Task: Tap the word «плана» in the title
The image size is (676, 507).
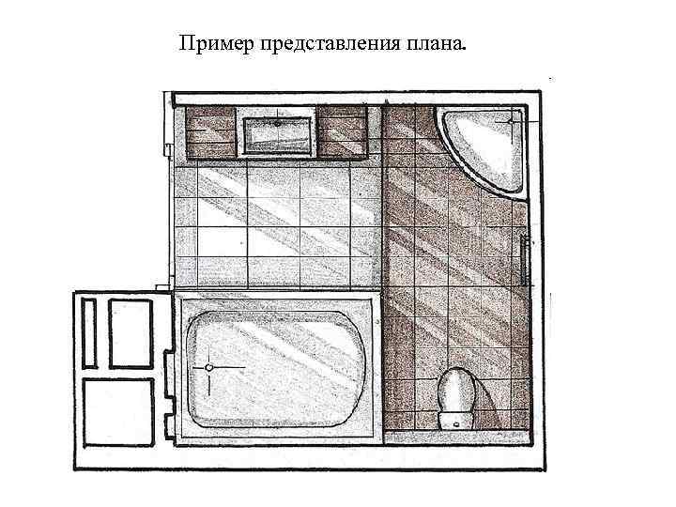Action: pos(432,44)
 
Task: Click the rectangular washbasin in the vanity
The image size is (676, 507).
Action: pos(279,133)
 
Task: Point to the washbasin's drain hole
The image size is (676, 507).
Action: pos(279,122)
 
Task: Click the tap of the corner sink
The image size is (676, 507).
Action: pos(512,120)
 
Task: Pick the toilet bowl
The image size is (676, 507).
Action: pos(455,390)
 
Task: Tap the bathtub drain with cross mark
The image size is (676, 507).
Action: pos(208,367)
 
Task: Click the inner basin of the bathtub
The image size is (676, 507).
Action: pos(277,367)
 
